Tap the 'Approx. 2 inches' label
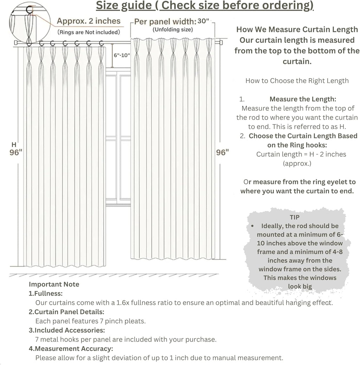point(89,21)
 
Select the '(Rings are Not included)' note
point(89,32)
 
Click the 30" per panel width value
point(203,21)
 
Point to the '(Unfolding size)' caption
point(172,30)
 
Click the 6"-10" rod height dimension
point(122,55)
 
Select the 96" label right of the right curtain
point(222,152)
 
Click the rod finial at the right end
point(221,43)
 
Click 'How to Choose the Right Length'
point(297,81)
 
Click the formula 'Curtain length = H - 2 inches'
point(301,154)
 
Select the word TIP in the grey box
point(295,218)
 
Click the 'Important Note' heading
point(54,284)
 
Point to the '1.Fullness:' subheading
point(46,293)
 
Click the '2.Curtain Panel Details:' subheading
point(66,312)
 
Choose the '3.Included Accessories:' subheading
point(67,330)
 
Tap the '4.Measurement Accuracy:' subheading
point(71,349)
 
